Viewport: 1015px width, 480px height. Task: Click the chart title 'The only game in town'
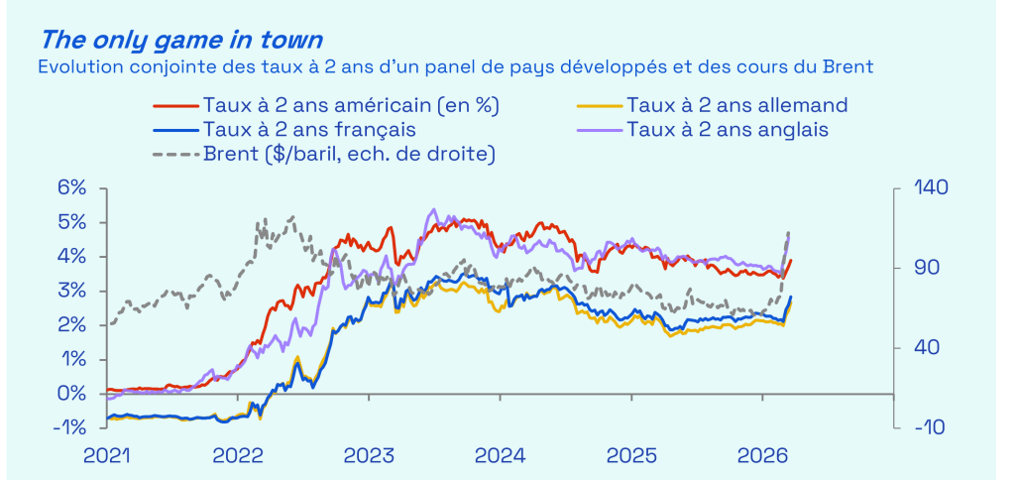[181, 41]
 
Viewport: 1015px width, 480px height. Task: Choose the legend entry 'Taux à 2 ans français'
[308, 129]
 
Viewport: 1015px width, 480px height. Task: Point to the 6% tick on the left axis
[71, 188]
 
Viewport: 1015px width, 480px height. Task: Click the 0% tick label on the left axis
[71, 394]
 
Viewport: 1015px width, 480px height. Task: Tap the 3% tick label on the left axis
[71, 291]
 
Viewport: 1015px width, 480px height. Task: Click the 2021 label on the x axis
[106, 456]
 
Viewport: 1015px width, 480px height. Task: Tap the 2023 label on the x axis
[369, 456]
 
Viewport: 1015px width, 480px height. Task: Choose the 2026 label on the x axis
[761, 456]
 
